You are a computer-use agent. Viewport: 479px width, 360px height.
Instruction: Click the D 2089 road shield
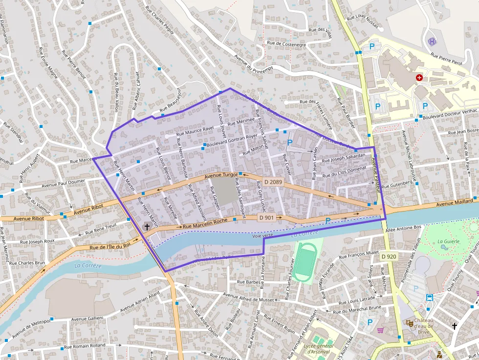(274, 182)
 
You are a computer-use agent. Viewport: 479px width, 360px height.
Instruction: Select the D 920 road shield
(389, 256)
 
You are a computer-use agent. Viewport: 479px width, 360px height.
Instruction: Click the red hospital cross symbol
(419, 78)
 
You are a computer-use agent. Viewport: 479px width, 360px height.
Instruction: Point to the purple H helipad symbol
(432, 42)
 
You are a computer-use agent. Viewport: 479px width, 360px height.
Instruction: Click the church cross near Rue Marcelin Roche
(147, 227)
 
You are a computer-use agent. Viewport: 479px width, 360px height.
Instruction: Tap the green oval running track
(305, 263)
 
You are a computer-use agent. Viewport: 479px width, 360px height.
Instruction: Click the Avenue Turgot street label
(221, 176)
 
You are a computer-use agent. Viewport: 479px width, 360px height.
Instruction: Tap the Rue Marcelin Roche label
(205, 224)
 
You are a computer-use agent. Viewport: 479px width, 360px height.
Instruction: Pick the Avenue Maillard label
(455, 202)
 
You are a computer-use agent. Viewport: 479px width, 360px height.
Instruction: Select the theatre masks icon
(409, 323)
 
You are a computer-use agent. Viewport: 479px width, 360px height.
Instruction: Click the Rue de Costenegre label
(286, 44)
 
